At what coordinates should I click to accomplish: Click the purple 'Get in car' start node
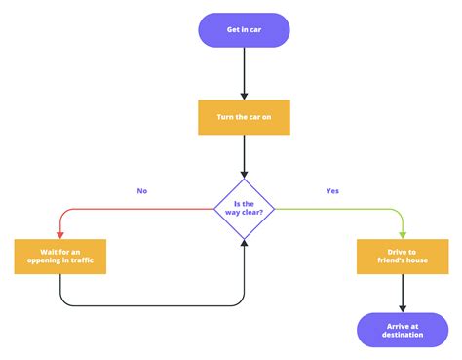[244, 29]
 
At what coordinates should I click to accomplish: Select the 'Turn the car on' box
[244, 117]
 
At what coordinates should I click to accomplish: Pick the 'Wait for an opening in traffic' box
[59, 256]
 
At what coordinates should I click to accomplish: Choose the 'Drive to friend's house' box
[403, 256]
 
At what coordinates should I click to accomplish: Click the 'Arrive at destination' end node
[403, 330]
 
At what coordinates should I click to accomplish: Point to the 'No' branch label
[142, 191]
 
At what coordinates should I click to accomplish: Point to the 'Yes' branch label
[333, 191]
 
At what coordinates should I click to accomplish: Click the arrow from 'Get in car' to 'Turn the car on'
[244, 72]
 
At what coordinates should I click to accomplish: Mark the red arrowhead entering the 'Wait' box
[60, 234]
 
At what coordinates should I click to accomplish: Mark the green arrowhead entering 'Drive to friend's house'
[403, 234]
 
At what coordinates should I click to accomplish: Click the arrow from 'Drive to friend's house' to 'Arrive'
[403, 292]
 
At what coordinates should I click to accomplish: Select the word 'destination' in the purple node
[403, 336]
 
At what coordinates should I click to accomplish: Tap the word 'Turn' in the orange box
[227, 117]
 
